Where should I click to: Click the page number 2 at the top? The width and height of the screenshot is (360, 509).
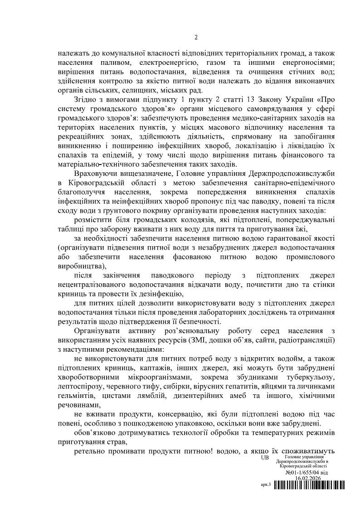click(x=196, y=37)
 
